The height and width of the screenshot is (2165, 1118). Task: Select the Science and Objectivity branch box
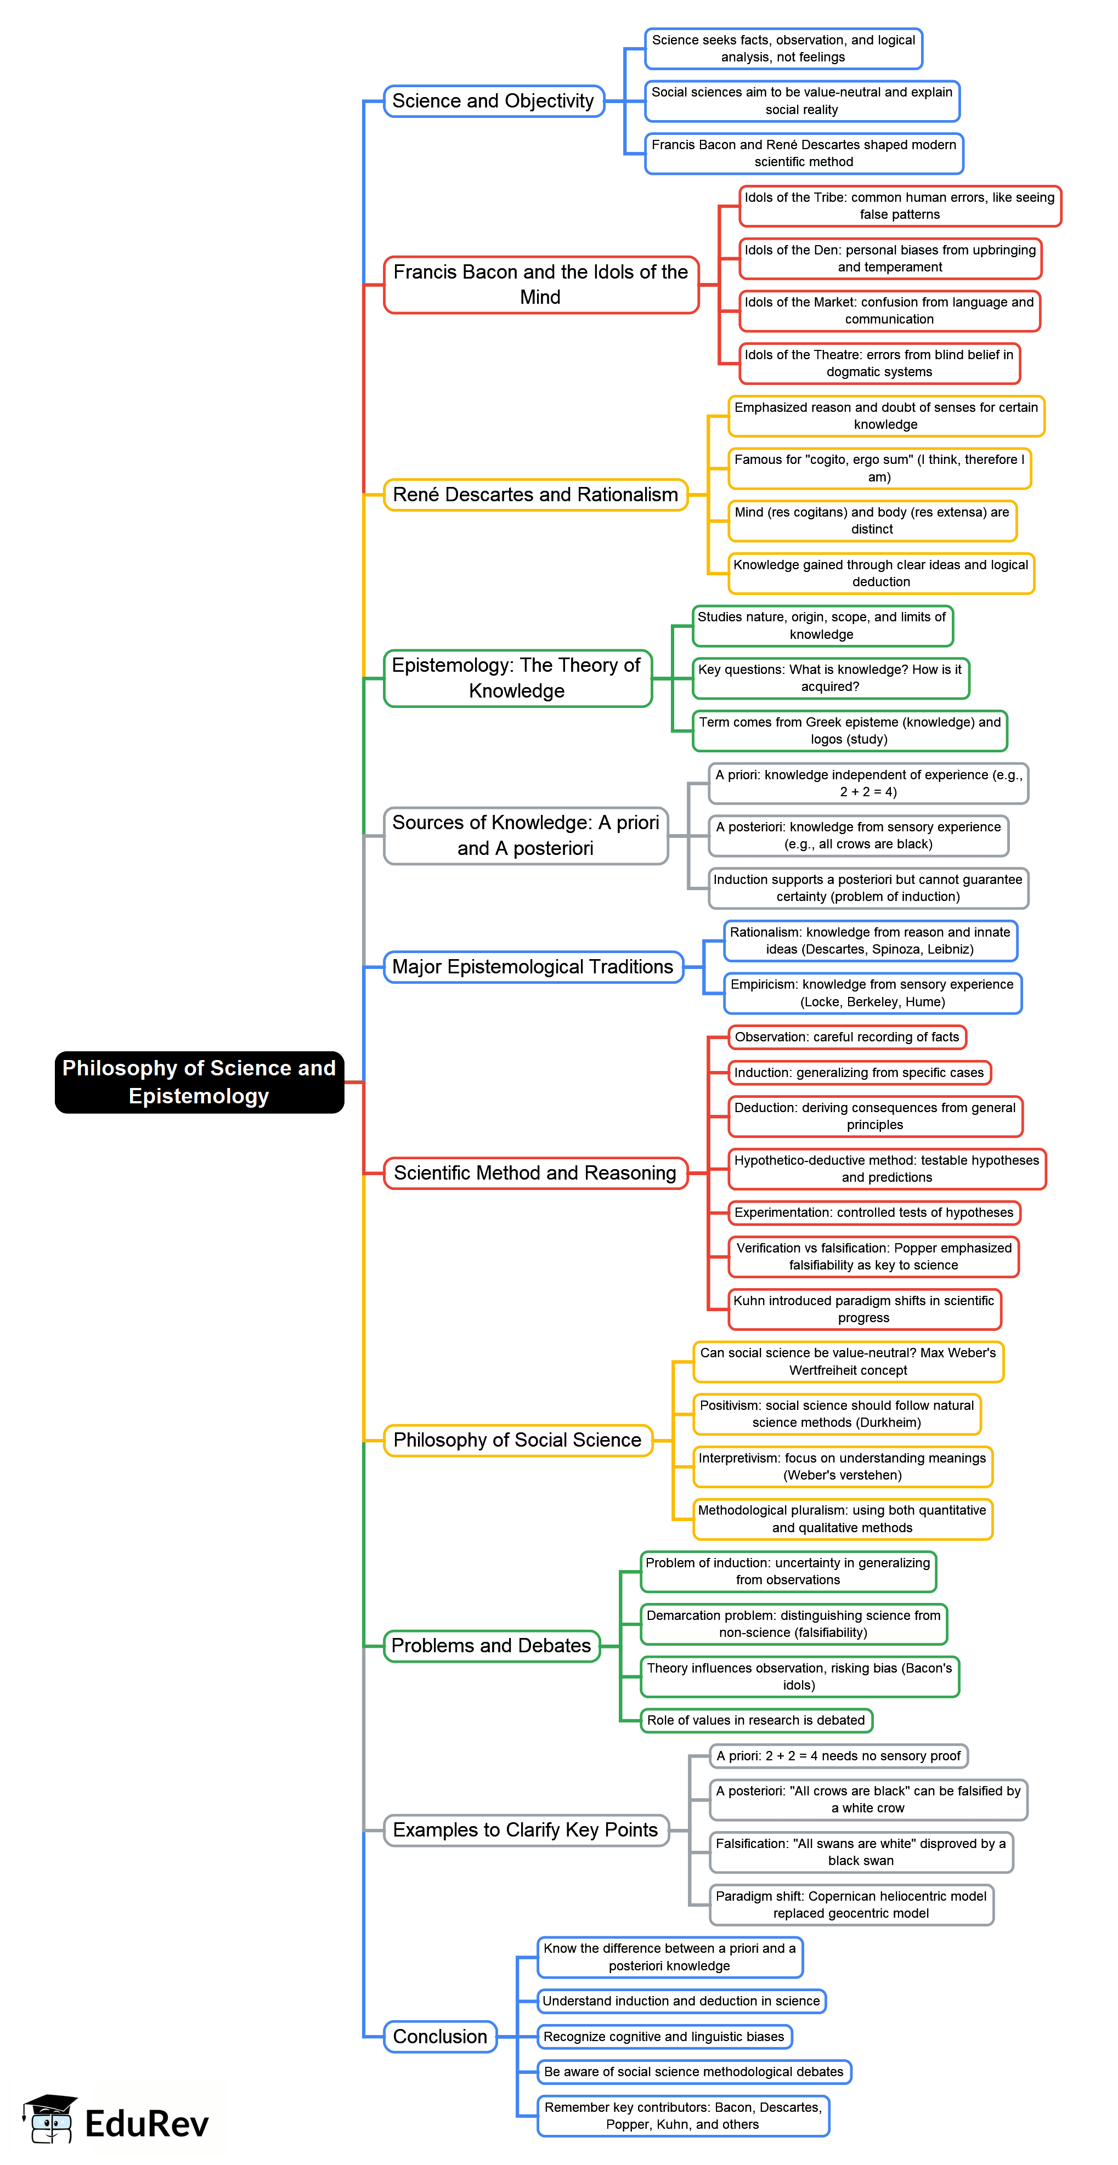(x=493, y=101)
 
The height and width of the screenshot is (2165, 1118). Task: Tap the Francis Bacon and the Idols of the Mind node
(x=540, y=285)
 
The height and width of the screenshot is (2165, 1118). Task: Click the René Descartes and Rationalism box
(x=535, y=494)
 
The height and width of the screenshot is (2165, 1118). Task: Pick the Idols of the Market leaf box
(x=889, y=311)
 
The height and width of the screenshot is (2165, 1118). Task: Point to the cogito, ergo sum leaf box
(x=879, y=468)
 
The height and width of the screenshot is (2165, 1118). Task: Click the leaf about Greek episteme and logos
(x=849, y=730)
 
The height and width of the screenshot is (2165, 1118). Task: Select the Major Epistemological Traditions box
(x=533, y=966)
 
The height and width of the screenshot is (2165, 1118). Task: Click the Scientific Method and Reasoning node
(x=535, y=1172)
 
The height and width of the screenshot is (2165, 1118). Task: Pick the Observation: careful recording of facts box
(x=846, y=1037)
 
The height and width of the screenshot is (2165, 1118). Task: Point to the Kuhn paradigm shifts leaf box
(x=864, y=1308)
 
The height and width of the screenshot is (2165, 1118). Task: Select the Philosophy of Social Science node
(x=518, y=1439)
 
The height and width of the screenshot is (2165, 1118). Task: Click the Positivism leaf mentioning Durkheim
(x=837, y=1414)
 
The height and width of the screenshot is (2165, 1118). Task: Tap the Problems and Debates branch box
(x=492, y=1646)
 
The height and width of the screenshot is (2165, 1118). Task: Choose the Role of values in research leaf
(x=756, y=1720)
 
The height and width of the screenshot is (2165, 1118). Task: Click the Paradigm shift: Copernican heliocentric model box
(x=851, y=1905)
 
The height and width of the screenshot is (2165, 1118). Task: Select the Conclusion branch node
(x=441, y=2037)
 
